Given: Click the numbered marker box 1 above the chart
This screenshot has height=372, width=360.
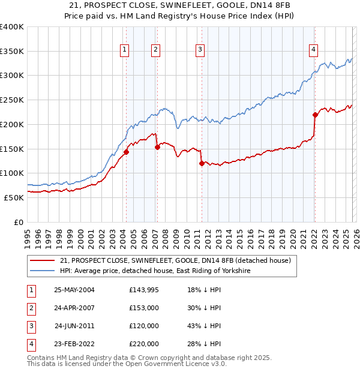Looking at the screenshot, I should coord(125,50).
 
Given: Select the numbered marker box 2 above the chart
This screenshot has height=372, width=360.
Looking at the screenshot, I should coord(155,50).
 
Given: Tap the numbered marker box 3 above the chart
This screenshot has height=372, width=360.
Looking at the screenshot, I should coord(200,50).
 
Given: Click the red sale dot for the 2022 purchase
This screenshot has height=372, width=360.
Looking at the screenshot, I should coord(315,115).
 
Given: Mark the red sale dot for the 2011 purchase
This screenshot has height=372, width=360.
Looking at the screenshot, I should coord(202,163).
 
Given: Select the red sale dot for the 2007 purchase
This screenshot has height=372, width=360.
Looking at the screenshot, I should coord(157,147).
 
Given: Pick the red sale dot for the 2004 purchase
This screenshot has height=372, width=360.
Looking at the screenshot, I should coord(127,152).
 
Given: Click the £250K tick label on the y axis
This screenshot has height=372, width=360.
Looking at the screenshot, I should coord(12,100).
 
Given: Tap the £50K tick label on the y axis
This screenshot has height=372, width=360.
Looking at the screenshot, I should coord(14,197).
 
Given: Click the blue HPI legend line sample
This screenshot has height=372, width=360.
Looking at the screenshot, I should coord(43,271).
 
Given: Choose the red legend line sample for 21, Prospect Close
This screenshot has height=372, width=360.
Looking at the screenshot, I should coord(43,260).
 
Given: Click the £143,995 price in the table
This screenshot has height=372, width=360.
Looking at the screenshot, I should coord(144,290).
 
